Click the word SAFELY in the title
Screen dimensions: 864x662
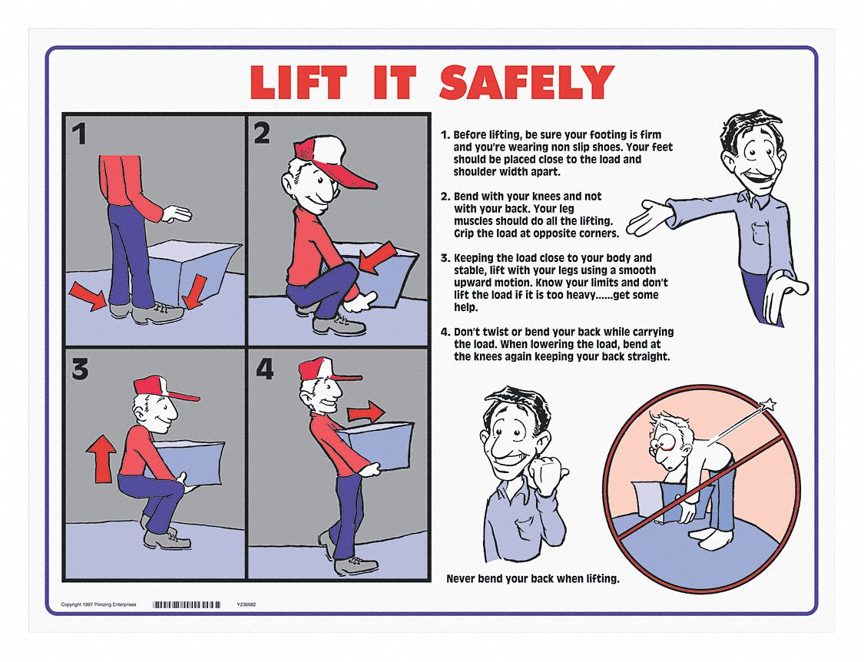[526, 81]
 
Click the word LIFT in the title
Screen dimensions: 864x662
[297, 81]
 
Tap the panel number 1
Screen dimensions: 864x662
[80, 134]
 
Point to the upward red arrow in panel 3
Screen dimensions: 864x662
[101, 458]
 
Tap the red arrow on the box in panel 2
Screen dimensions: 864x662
[377, 257]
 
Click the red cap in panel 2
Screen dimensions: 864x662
[330, 160]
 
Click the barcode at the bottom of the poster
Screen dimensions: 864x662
[187, 604]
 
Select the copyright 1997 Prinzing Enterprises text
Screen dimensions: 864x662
[98, 604]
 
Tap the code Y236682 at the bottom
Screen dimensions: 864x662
[247, 604]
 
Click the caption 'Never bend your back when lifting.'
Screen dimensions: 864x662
[533, 579]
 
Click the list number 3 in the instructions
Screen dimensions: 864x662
[444, 258]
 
